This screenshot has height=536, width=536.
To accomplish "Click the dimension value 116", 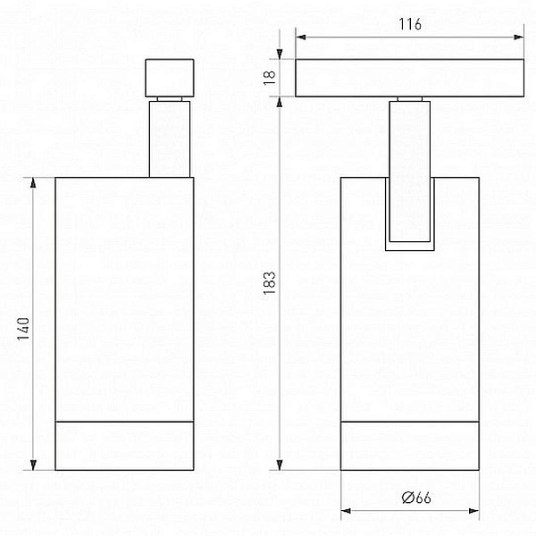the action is point(410,24).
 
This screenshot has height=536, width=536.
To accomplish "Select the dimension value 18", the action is point(270,77).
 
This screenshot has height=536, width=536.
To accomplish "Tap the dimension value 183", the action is point(270,283).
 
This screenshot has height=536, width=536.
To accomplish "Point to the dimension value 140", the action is point(23,329).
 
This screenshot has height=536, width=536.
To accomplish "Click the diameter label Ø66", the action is point(416,498).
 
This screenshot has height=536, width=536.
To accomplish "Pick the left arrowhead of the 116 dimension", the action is point(300,37).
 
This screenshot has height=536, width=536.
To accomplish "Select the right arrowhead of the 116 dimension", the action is point(519,37).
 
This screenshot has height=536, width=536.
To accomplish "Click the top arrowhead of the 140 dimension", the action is point(33,182).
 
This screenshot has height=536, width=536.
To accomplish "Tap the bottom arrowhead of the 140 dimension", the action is point(33,465).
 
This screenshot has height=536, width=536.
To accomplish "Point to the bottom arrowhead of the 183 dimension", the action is point(280,465).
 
